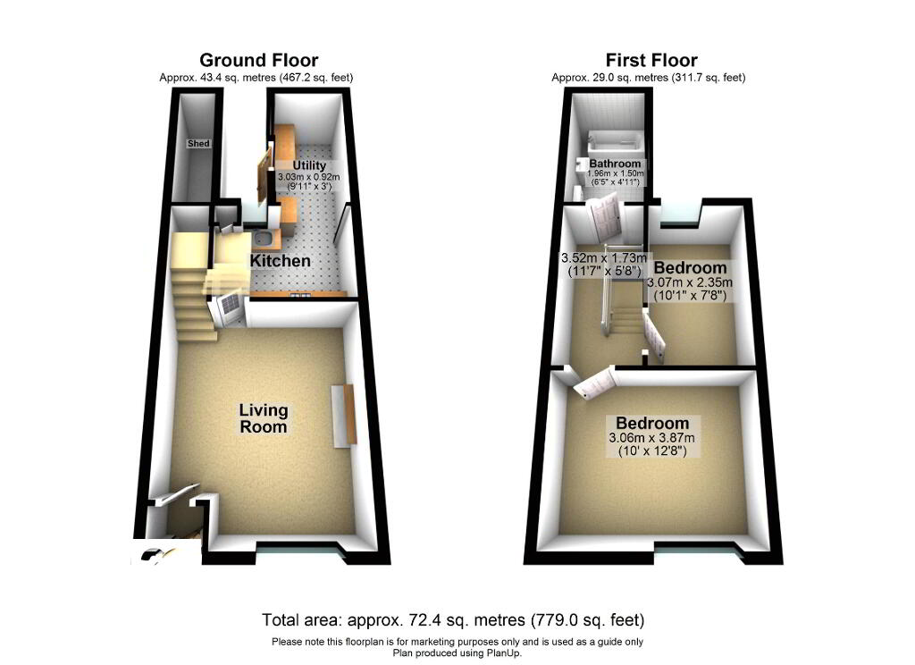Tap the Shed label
197,143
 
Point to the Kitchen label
281,261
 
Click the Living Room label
264,418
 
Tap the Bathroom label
616,164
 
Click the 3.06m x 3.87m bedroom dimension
652,438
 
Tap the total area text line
453,619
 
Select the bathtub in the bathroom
617,140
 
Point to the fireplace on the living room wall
343,414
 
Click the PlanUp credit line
457,653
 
